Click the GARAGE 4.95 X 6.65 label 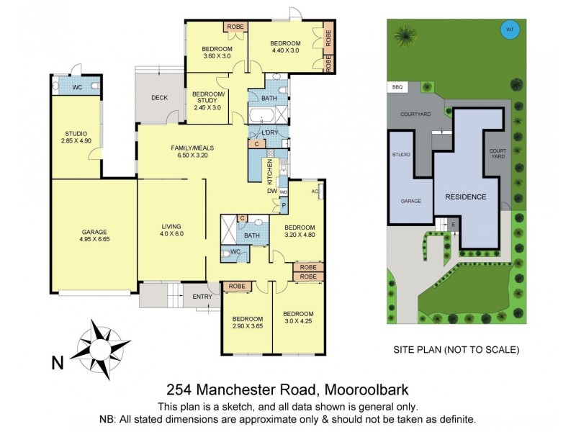(94, 236)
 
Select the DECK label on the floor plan (159, 98)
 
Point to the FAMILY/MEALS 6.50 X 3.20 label (192, 152)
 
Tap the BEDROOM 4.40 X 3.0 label (285, 45)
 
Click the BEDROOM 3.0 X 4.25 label (297, 318)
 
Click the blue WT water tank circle (510, 30)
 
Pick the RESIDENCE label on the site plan (465, 197)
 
